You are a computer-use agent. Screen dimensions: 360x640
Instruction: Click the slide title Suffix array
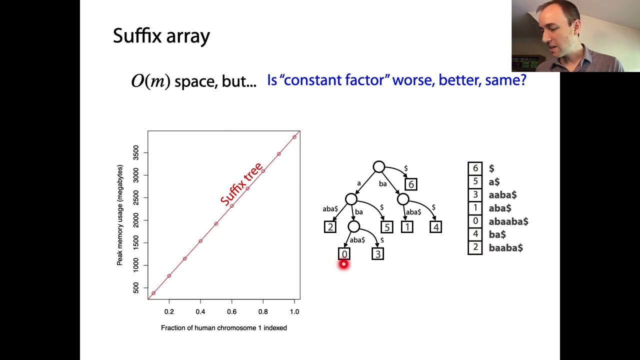click(x=161, y=36)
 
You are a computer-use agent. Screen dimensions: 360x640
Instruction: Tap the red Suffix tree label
click(x=241, y=183)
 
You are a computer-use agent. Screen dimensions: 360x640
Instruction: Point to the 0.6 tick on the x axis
click(x=231, y=311)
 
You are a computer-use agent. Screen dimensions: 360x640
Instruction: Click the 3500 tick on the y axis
click(x=136, y=152)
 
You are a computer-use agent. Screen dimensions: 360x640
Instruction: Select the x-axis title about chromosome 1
click(x=223, y=328)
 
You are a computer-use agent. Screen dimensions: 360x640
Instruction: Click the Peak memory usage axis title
click(x=120, y=215)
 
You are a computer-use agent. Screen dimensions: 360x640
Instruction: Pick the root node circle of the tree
click(x=379, y=167)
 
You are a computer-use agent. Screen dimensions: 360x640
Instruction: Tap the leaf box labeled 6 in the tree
click(x=411, y=184)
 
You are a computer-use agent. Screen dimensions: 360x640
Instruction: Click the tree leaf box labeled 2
click(x=330, y=227)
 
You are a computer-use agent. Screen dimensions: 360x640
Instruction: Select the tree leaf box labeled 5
click(x=386, y=227)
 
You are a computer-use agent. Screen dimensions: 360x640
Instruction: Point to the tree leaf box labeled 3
click(x=378, y=254)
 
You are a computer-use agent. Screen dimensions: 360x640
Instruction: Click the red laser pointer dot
click(x=343, y=264)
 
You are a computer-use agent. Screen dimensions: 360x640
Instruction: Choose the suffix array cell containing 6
click(x=475, y=168)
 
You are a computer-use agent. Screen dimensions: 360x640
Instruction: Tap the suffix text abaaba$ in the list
click(x=508, y=221)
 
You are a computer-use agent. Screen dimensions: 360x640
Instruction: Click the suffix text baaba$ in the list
click(x=505, y=247)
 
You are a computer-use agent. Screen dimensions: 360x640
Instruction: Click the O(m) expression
click(x=150, y=81)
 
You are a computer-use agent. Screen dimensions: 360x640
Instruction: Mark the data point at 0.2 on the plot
click(x=169, y=276)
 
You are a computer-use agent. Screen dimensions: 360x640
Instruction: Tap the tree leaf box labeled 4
click(x=435, y=227)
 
